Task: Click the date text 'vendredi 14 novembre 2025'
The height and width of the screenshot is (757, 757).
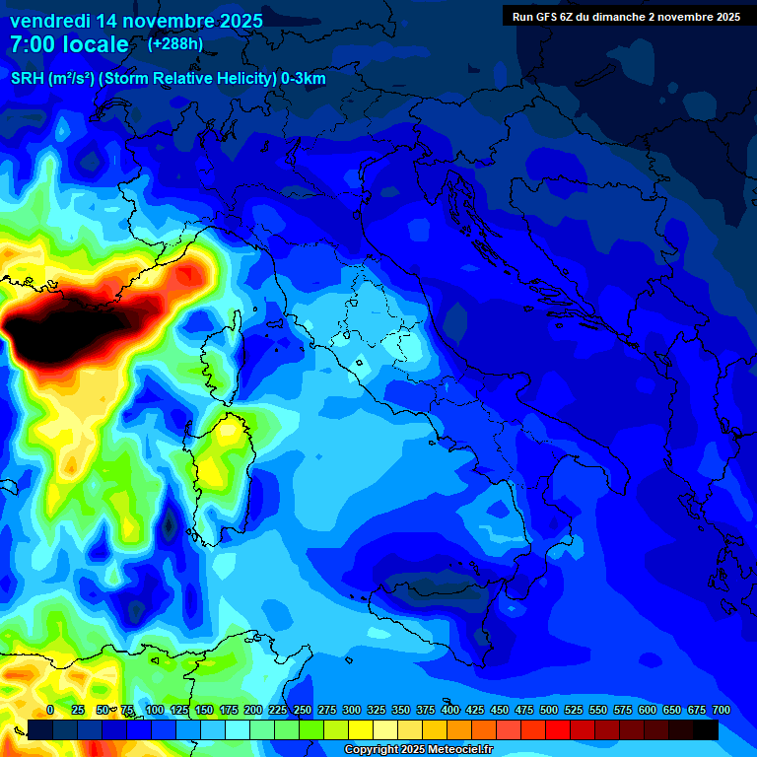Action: point(136,21)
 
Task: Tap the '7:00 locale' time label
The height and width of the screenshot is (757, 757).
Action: point(69,44)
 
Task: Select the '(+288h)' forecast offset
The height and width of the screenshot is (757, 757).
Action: point(175,44)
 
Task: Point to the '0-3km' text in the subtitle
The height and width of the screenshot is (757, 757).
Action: point(304,79)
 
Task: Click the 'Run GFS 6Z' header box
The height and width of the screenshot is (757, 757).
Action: point(626,16)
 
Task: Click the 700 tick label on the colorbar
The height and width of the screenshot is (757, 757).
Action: point(721,710)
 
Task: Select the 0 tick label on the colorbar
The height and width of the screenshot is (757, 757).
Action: point(50,710)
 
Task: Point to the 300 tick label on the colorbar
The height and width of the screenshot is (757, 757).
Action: point(351,710)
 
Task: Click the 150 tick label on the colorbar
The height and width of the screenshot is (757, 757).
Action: point(203,710)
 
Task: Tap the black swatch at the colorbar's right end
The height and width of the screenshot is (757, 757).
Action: point(706,730)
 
